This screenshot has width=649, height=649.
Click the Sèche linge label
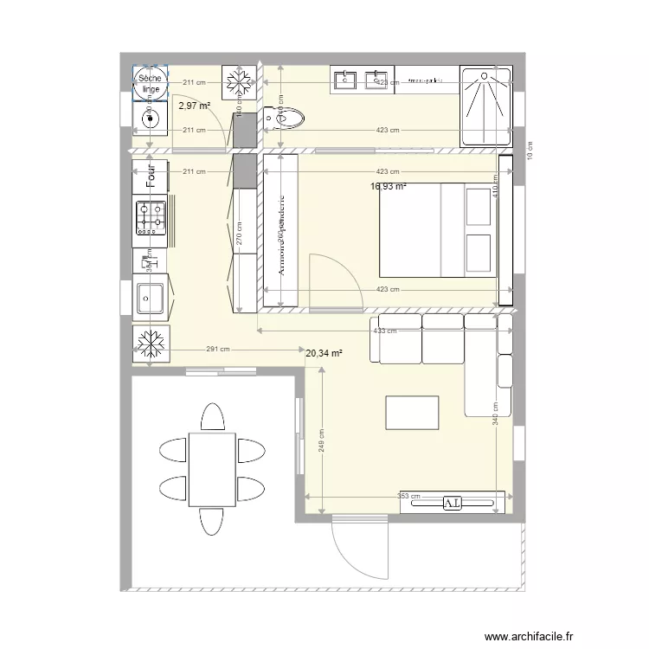(x=150, y=83)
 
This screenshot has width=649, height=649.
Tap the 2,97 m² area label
(x=195, y=106)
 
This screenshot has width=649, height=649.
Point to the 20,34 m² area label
(x=324, y=352)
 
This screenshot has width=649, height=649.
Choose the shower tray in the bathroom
(x=485, y=105)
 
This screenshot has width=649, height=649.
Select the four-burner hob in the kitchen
(x=150, y=217)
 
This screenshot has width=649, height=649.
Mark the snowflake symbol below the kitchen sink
(x=150, y=344)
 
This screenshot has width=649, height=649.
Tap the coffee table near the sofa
(x=412, y=412)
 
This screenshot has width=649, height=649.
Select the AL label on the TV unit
(x=453, y=502)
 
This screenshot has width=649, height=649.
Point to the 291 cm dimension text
(x=218, y=350)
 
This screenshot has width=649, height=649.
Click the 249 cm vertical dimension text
(x=321, y=446)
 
